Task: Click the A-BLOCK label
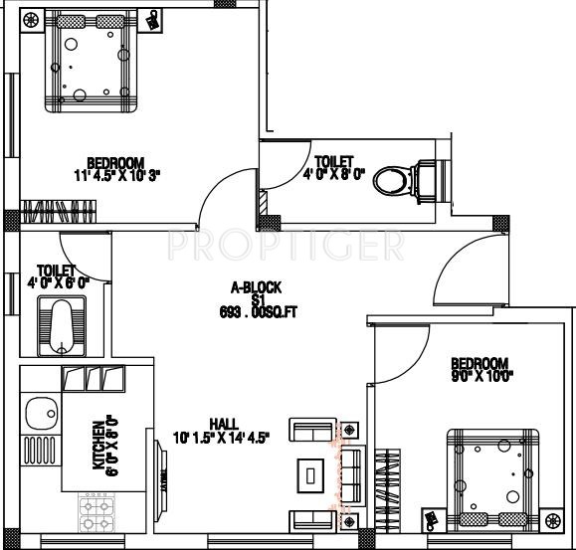point(257,286)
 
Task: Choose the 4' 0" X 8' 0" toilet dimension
point(333,172)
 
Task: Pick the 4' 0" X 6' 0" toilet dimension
point(58,281)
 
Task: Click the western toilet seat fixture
point(408,180)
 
